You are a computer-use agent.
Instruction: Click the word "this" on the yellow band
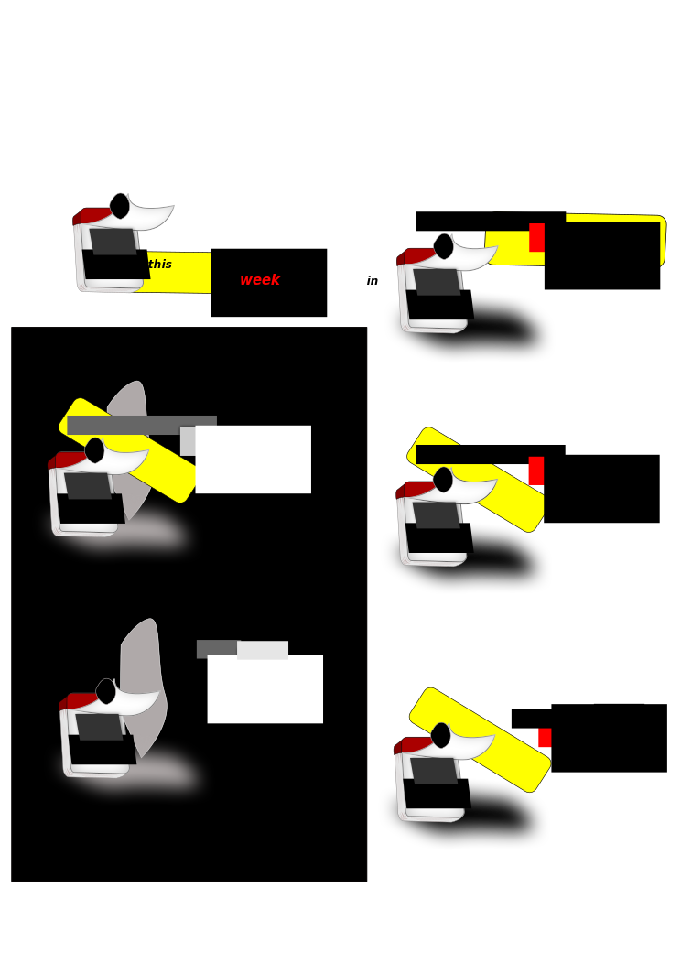(159, 264)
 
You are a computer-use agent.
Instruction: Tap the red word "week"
(260, 280)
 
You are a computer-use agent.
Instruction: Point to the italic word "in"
(373, 281)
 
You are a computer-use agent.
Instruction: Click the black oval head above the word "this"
(120, 206)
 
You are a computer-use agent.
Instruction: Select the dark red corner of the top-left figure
(92, 215)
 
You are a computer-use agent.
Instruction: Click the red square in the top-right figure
(536, 237)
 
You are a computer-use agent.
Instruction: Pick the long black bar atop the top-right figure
(491, 222)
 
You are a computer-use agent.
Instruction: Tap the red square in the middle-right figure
(536, 471)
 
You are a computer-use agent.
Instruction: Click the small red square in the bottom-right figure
(545, 737)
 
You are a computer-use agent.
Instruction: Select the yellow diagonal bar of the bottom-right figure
(481, 740)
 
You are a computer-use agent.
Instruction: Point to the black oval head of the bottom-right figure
(441, 736)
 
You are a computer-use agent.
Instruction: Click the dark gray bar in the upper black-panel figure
(142, 425)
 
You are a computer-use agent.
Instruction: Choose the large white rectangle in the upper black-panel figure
(253, 460)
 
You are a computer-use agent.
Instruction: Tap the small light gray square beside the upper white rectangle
(188, 441)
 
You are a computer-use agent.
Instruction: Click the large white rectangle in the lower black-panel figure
(265, 689)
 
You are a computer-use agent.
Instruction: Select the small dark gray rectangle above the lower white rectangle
(217, 649)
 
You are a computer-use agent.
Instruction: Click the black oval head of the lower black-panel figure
(105, 691)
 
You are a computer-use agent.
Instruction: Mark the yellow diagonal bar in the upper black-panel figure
(129, 450)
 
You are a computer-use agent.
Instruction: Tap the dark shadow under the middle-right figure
(485, 561)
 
